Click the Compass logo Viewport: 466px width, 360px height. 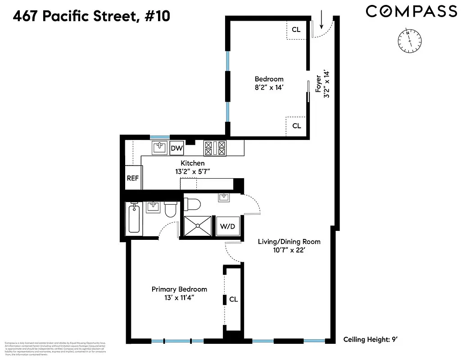click(x=411, y=11)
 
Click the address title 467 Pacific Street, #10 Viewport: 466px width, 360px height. click(x=92, y=17)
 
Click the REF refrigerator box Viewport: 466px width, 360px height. click(x=132, y=178)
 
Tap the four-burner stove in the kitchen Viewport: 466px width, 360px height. click(x=215, y=148)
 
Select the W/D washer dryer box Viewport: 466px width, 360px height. click(x=227, y=226)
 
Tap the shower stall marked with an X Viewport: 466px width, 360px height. click(x=198, y=226)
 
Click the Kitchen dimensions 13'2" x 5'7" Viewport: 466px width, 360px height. click(x=193, y=171)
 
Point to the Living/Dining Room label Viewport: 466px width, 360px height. click(x=289, y=242)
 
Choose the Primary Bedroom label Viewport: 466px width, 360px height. click(x=179, y=289)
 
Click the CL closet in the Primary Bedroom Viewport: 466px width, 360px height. click(x=233, y=299)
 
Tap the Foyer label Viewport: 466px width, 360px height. click(x=318, y=83)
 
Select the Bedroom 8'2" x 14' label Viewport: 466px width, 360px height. click(x=269, y=83)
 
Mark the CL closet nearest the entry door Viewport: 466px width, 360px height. click(x=296, y=30)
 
